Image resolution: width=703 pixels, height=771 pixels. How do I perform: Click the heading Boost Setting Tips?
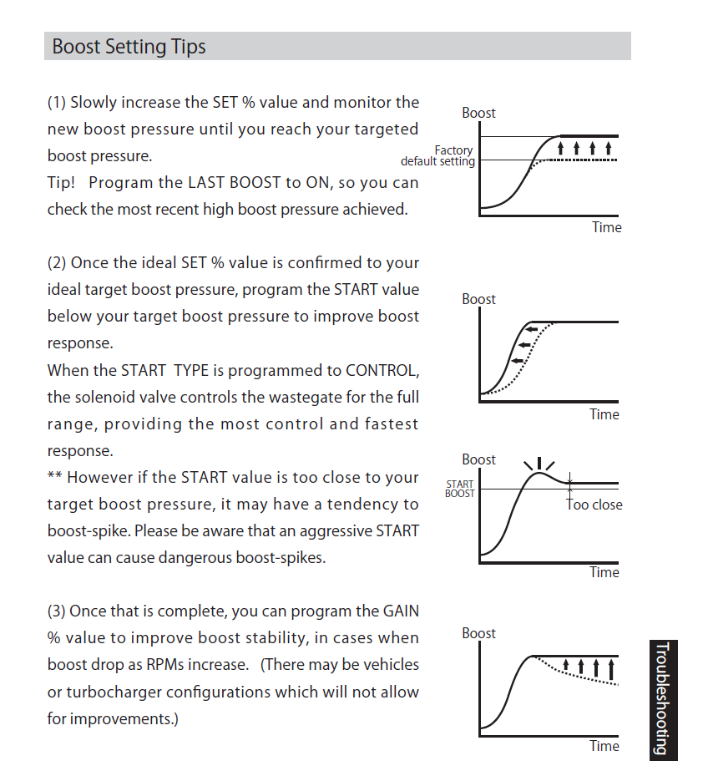click(x=129, y=47)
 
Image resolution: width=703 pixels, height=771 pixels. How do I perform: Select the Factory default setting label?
click(x=438, y=156)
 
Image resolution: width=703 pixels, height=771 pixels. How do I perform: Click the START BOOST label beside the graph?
click(x=460, y=489)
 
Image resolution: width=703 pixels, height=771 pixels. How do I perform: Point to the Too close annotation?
click(x=594, y=505)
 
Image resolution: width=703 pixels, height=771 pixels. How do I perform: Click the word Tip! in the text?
click(x=63, y=182)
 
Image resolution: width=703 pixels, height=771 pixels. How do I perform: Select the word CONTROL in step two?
click(x=382, y=370)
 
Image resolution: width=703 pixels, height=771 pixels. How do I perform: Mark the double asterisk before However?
click(x=54, y=478)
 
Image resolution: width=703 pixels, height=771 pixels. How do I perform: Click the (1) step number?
click(x=57, y=103)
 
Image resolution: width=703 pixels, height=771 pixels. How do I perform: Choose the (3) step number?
click(x=57, y=611)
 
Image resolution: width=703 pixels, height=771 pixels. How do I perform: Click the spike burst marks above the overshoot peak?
click(x=539, y=463)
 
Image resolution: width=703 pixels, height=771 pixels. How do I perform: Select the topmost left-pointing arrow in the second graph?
click(x=533, y=329)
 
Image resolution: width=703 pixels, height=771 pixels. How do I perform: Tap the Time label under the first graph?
click(x=607, y=227)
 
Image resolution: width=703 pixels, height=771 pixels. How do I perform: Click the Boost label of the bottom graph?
click(x=478, y=633)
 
